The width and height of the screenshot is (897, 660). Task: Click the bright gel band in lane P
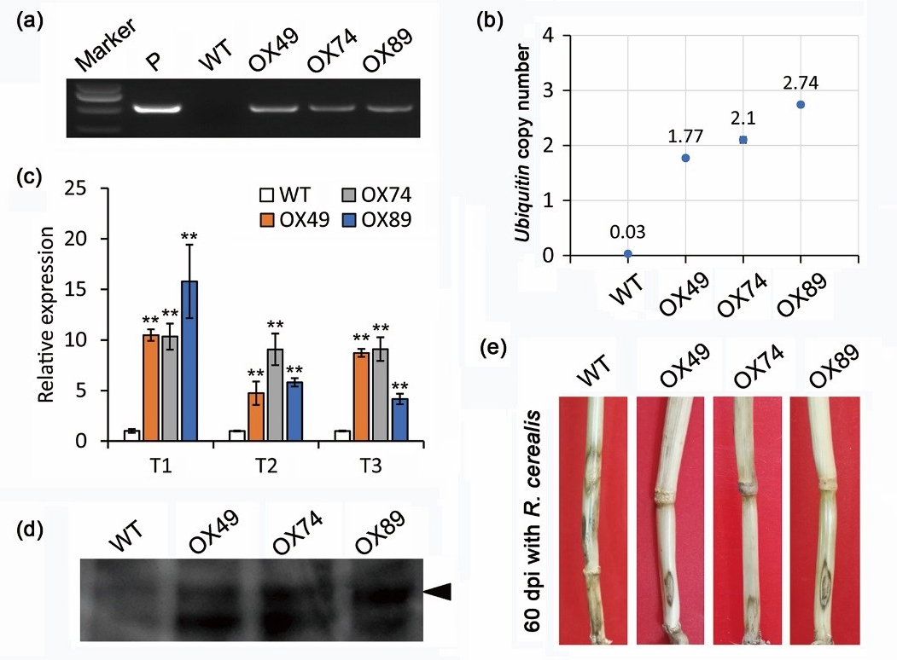158,109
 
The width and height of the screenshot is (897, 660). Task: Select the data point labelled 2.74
800,104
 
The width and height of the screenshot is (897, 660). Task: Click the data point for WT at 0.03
627,253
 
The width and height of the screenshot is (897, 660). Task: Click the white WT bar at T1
131,436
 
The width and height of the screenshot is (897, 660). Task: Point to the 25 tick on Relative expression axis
85,188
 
